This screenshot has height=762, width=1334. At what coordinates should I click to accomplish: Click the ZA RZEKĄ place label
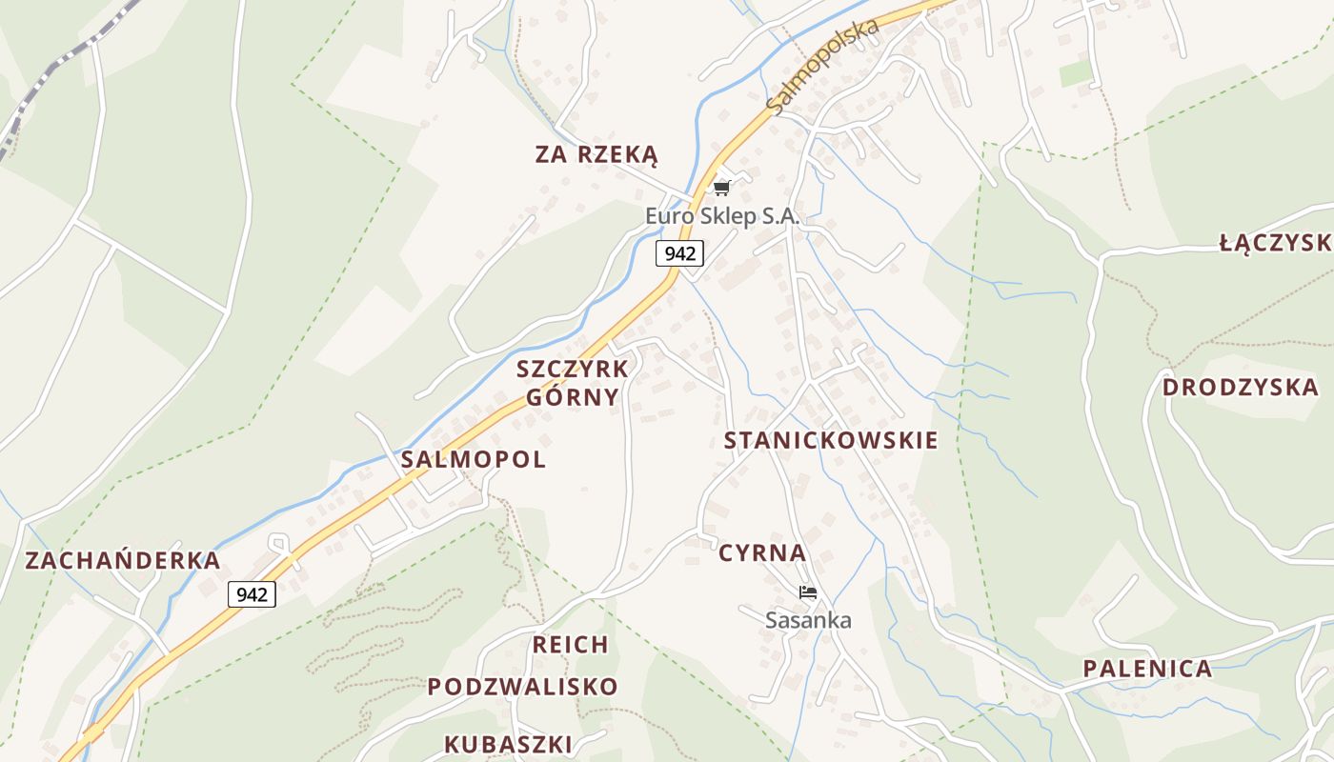[596, 154]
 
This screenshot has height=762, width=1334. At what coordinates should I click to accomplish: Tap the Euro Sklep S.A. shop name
[721, 216]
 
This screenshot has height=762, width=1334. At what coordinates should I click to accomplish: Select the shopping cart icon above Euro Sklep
[721, 188]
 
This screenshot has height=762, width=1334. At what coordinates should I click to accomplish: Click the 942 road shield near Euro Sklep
[679, 253]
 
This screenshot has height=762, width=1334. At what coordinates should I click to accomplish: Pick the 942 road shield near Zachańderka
[252, 594]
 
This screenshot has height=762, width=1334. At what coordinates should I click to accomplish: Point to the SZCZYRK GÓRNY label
[573, 383]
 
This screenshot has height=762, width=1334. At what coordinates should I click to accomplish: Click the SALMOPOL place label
[473, 459]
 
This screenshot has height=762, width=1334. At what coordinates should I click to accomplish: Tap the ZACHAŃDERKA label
[123, 560]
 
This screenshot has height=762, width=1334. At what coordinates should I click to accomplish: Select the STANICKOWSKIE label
[831, 440]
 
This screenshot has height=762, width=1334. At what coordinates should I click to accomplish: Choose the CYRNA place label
[762, 553]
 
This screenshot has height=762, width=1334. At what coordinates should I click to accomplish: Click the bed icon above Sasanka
[808, 592]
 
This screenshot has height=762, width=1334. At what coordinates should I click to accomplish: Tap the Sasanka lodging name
[808, 620]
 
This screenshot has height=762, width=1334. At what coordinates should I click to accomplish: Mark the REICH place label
[570, 645]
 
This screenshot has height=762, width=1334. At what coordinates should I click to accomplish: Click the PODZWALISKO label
[522, 687]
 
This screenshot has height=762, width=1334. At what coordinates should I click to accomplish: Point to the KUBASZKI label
[508, 744]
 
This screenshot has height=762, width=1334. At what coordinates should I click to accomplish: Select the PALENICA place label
[1147, 669]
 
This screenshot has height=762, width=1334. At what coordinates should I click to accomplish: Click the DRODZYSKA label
[1240, 388]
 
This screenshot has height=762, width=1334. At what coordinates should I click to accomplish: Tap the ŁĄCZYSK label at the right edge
[1275, 244]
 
